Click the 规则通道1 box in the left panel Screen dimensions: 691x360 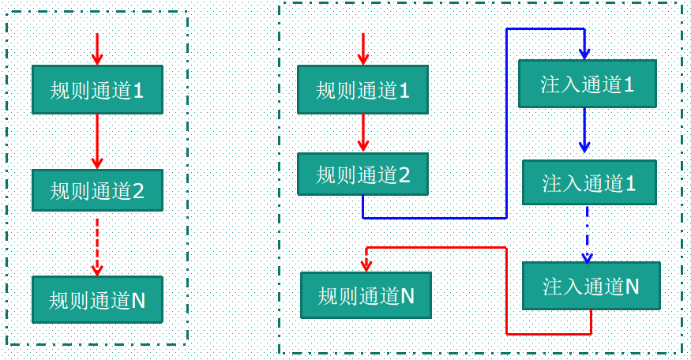pos(97,90)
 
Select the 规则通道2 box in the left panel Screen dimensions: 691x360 pos(97,190)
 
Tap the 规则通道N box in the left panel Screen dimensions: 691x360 pos(97,300)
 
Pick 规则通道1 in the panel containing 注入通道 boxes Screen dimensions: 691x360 pos(362,90)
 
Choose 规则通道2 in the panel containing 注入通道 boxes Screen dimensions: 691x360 pos(362,174)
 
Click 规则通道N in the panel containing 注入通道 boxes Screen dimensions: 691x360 pos(366,295)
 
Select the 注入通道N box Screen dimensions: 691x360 pos(591,286)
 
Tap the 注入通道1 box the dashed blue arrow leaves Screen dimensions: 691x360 pos(589,183)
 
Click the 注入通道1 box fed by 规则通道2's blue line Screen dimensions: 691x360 pos(588,84)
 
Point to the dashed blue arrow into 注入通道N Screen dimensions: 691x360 pos(587,234)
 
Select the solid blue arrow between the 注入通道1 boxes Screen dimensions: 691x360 pos(584,130)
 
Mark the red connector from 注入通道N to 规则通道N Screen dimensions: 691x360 pos(506,291)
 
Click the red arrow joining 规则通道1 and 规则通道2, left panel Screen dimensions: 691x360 pos(97,141)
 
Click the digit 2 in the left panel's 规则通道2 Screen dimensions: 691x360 pos(138,191)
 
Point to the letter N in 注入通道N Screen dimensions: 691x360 pos(632,287)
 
